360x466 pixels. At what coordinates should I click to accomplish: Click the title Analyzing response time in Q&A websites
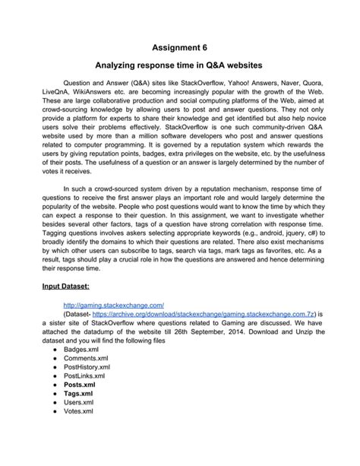pos(179,68)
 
